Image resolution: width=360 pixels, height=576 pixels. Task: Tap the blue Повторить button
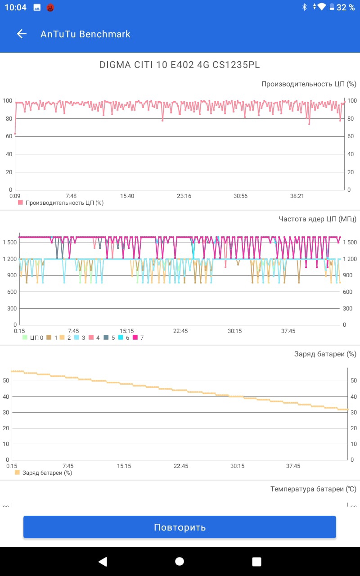tap(180, 527)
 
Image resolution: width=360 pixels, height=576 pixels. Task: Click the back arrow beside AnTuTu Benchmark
tap(22, 34)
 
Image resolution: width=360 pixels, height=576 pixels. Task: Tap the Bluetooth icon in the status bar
tap(304, 7)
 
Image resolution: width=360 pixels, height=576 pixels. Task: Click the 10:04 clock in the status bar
tap(16, 7)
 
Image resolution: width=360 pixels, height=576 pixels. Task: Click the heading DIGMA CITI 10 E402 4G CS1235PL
tap(180, 65)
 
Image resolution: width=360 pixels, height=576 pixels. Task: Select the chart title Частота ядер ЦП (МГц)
tap(317, 219)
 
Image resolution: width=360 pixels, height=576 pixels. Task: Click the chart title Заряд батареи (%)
tap(325, 354)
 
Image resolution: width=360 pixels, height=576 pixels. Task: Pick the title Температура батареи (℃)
tap(313, 489)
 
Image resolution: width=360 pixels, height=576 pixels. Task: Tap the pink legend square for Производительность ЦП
tap(20, 202)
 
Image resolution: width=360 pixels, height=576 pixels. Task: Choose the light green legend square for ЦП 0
tap(25, 337)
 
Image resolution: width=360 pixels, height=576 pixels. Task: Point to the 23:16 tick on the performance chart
tap(184, 196)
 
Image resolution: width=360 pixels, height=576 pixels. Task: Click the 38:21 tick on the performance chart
tap(297, 196)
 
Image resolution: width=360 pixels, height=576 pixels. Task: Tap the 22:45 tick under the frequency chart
tap(180, 331)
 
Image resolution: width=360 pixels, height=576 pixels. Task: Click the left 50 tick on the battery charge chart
tap(6, 380)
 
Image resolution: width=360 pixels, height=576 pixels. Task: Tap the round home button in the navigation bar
tap(180, 561)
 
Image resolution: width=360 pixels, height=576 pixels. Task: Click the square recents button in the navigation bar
tap(256, 561)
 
